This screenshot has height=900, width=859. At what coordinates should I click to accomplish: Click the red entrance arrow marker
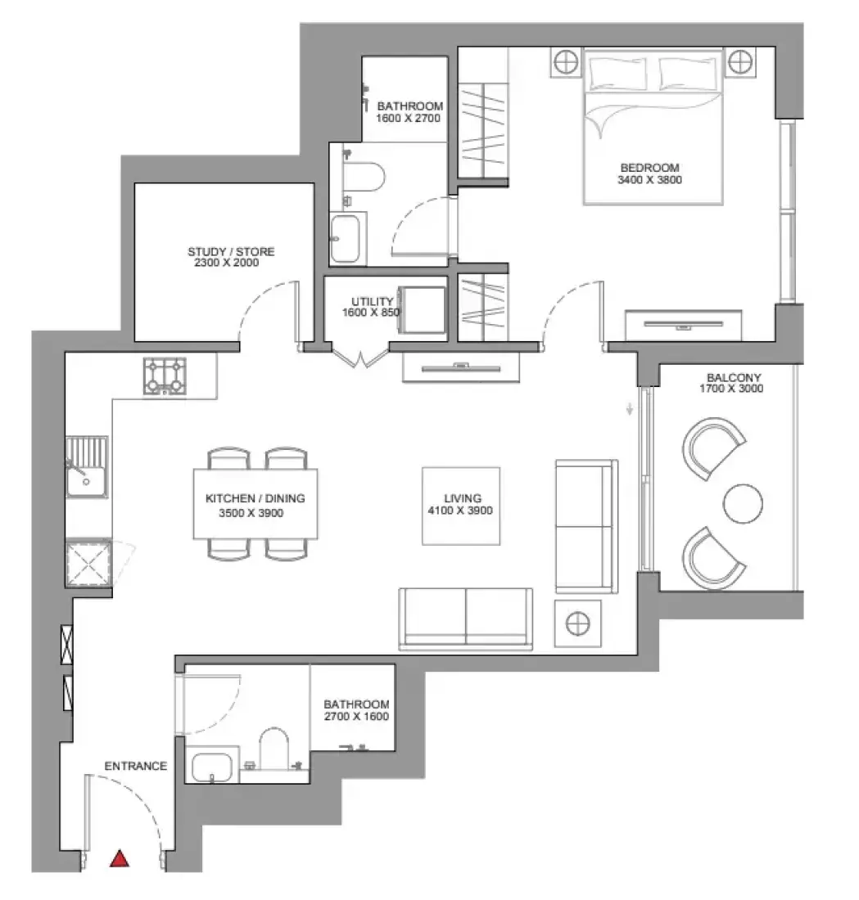click(119, 858)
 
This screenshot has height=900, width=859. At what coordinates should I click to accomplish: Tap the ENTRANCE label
click(136, 766)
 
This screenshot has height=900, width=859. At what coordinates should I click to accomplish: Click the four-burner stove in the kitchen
click(165, 376)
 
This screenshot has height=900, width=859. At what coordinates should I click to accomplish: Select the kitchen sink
click(86, 467)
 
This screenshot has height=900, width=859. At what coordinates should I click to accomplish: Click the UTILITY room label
click(373, 301)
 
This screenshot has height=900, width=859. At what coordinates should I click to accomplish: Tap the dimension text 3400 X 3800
click(650, 180)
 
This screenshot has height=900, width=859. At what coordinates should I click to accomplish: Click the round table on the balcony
click(743, 503)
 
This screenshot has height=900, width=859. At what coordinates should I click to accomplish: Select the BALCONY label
click(734, 378)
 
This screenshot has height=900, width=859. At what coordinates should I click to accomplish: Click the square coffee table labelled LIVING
click(461, 506)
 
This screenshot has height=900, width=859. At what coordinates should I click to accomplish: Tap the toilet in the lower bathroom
click(274, 749)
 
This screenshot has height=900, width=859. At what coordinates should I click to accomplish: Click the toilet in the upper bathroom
click(363, 178)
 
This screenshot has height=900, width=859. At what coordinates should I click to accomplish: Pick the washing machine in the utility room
click(423, 309)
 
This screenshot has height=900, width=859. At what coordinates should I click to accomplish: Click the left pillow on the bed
click(617, 73)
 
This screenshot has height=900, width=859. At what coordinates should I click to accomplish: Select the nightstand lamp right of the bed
click(740, 61)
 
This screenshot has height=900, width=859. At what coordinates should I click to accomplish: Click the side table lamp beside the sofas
click(577, 623)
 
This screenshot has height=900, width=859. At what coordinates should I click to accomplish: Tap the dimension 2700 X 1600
click(356, 717)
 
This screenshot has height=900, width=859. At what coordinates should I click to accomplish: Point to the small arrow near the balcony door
click(630, 408)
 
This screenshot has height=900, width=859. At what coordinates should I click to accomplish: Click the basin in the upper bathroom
click(346, 238)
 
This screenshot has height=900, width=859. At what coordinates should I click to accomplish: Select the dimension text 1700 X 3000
click(731, 389)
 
